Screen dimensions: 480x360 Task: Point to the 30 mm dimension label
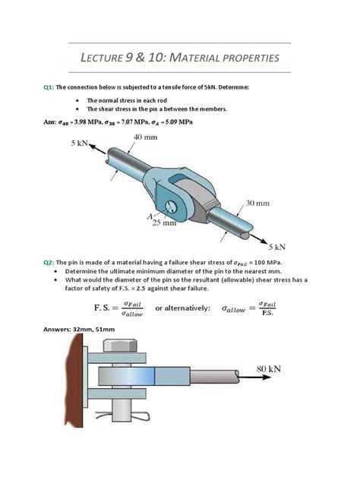pos(257,204)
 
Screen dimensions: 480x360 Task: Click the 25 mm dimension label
pos(164,223)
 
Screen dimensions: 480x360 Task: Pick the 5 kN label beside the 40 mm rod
pos(82,143)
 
